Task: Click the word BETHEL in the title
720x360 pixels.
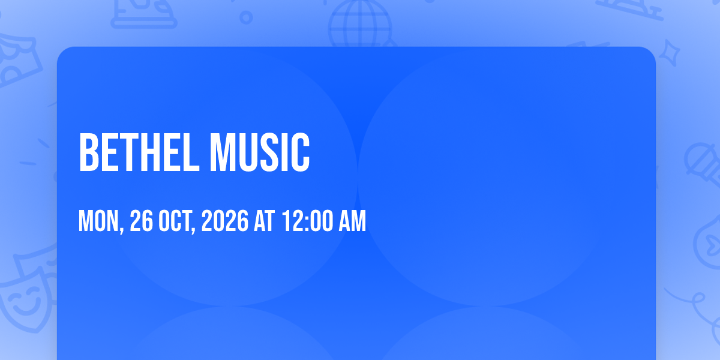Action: click(139, 152)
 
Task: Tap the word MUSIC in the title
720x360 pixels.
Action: click(260, 152)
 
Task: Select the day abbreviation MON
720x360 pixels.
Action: click(98, 221)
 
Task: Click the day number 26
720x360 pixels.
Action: click(141, 221)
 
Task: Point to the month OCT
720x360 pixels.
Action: click(175, 221)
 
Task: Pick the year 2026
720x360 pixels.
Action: click(224, 221)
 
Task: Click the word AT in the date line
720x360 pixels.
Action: click(264, 221)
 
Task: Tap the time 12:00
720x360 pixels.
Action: click(308, 221)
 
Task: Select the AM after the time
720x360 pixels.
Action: click(353, 221)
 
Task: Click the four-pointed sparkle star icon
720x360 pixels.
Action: click(669, 53)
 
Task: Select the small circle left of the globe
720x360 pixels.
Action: click(246, 17)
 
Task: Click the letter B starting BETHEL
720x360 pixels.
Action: click(88, 152)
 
